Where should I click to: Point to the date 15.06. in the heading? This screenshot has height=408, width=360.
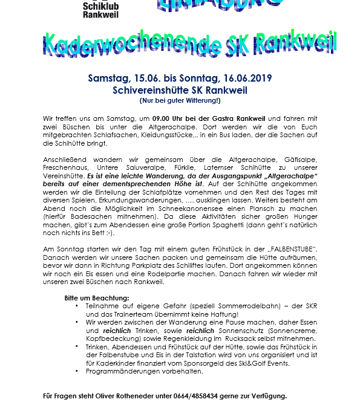point(145,79)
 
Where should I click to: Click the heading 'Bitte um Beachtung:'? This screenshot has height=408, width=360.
point(97,299)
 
